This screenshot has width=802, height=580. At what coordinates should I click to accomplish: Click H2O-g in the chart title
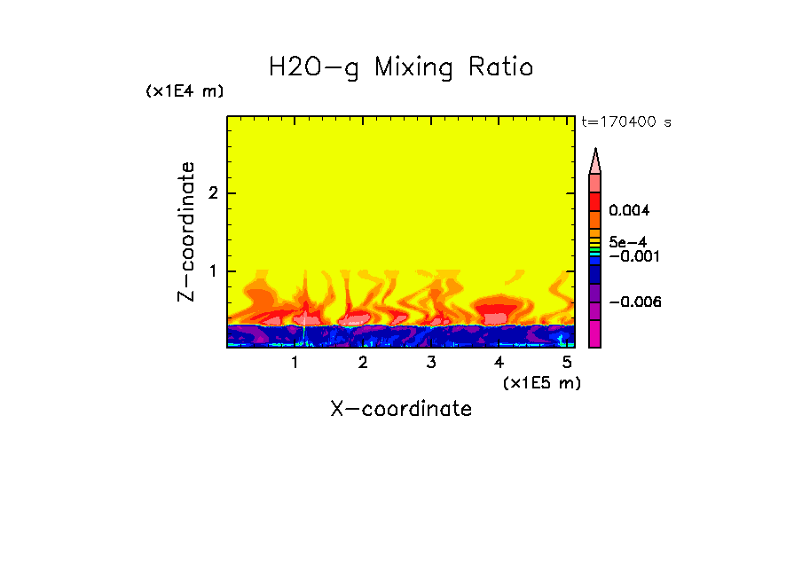(314, 67)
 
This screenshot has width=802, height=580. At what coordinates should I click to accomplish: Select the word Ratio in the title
(500, 67)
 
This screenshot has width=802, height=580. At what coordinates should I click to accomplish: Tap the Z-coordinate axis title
(187, 231)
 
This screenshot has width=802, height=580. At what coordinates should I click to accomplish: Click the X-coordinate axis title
(401, 409)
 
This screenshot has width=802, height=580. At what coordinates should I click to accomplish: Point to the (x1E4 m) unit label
(185, 91)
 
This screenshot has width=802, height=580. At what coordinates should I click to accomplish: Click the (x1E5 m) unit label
(541, 382)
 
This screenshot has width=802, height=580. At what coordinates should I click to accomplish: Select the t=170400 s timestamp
(625, 122)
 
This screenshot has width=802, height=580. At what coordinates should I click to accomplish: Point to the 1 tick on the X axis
(295, 363)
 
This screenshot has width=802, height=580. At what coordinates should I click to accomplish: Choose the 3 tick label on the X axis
(431, 363)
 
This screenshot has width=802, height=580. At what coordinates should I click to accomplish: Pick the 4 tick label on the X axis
(499, 363)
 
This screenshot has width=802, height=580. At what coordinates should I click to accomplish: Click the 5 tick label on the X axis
(567, 363)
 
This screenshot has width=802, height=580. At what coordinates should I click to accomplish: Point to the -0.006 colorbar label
(635, 302)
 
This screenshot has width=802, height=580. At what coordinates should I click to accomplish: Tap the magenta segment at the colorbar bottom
(595, 334)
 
